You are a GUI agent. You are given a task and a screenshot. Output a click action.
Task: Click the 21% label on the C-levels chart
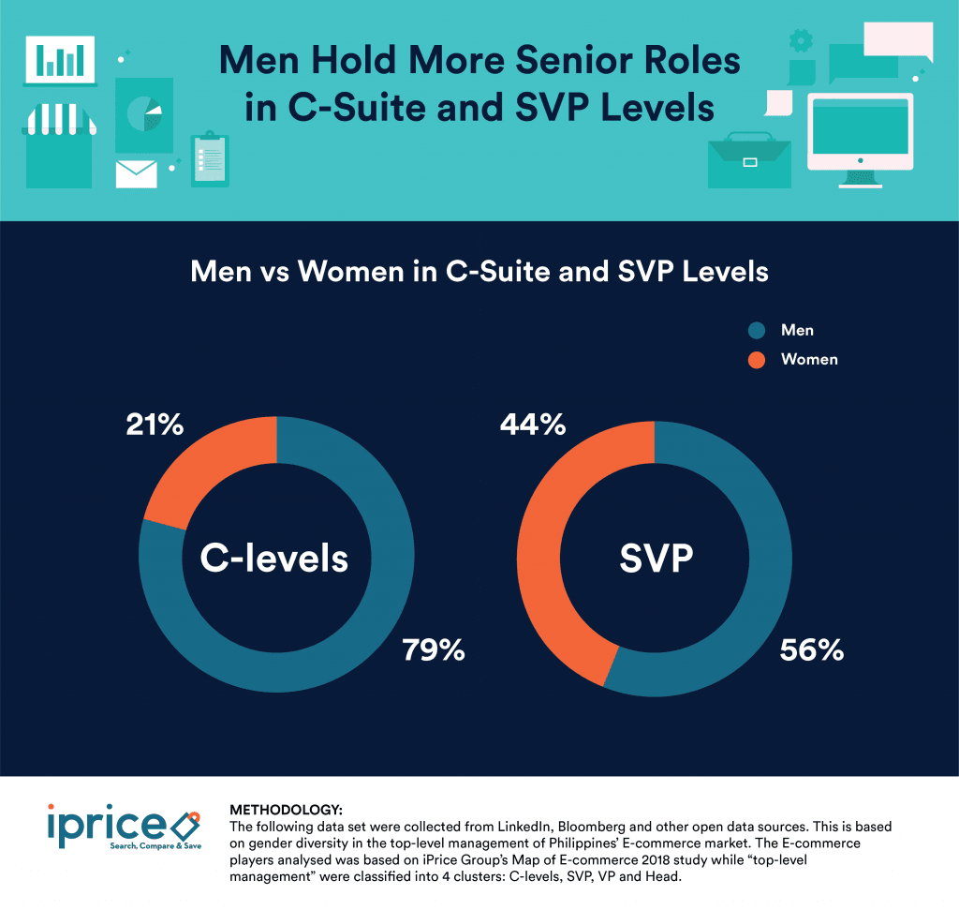(155, 425)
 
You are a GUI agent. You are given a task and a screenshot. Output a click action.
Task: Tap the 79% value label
(434, 649)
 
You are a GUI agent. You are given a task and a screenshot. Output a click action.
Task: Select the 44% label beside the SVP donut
(533, 425)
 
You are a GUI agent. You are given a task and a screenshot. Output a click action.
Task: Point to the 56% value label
(812, 649)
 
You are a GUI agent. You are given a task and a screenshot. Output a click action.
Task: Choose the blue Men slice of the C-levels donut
(309, 647)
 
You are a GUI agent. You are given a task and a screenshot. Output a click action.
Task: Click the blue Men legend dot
(757, 330)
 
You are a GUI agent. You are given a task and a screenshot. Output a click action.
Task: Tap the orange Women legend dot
(757, 359)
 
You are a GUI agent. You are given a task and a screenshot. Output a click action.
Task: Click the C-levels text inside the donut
(274, 559)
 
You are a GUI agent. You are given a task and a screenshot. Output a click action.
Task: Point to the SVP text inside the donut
(656, 559)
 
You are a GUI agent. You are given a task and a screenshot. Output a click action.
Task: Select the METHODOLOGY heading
(286, 809)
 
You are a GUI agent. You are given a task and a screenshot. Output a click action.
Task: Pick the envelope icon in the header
(136, 174)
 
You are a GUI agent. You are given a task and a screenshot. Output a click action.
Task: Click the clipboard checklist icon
(209, 159)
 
